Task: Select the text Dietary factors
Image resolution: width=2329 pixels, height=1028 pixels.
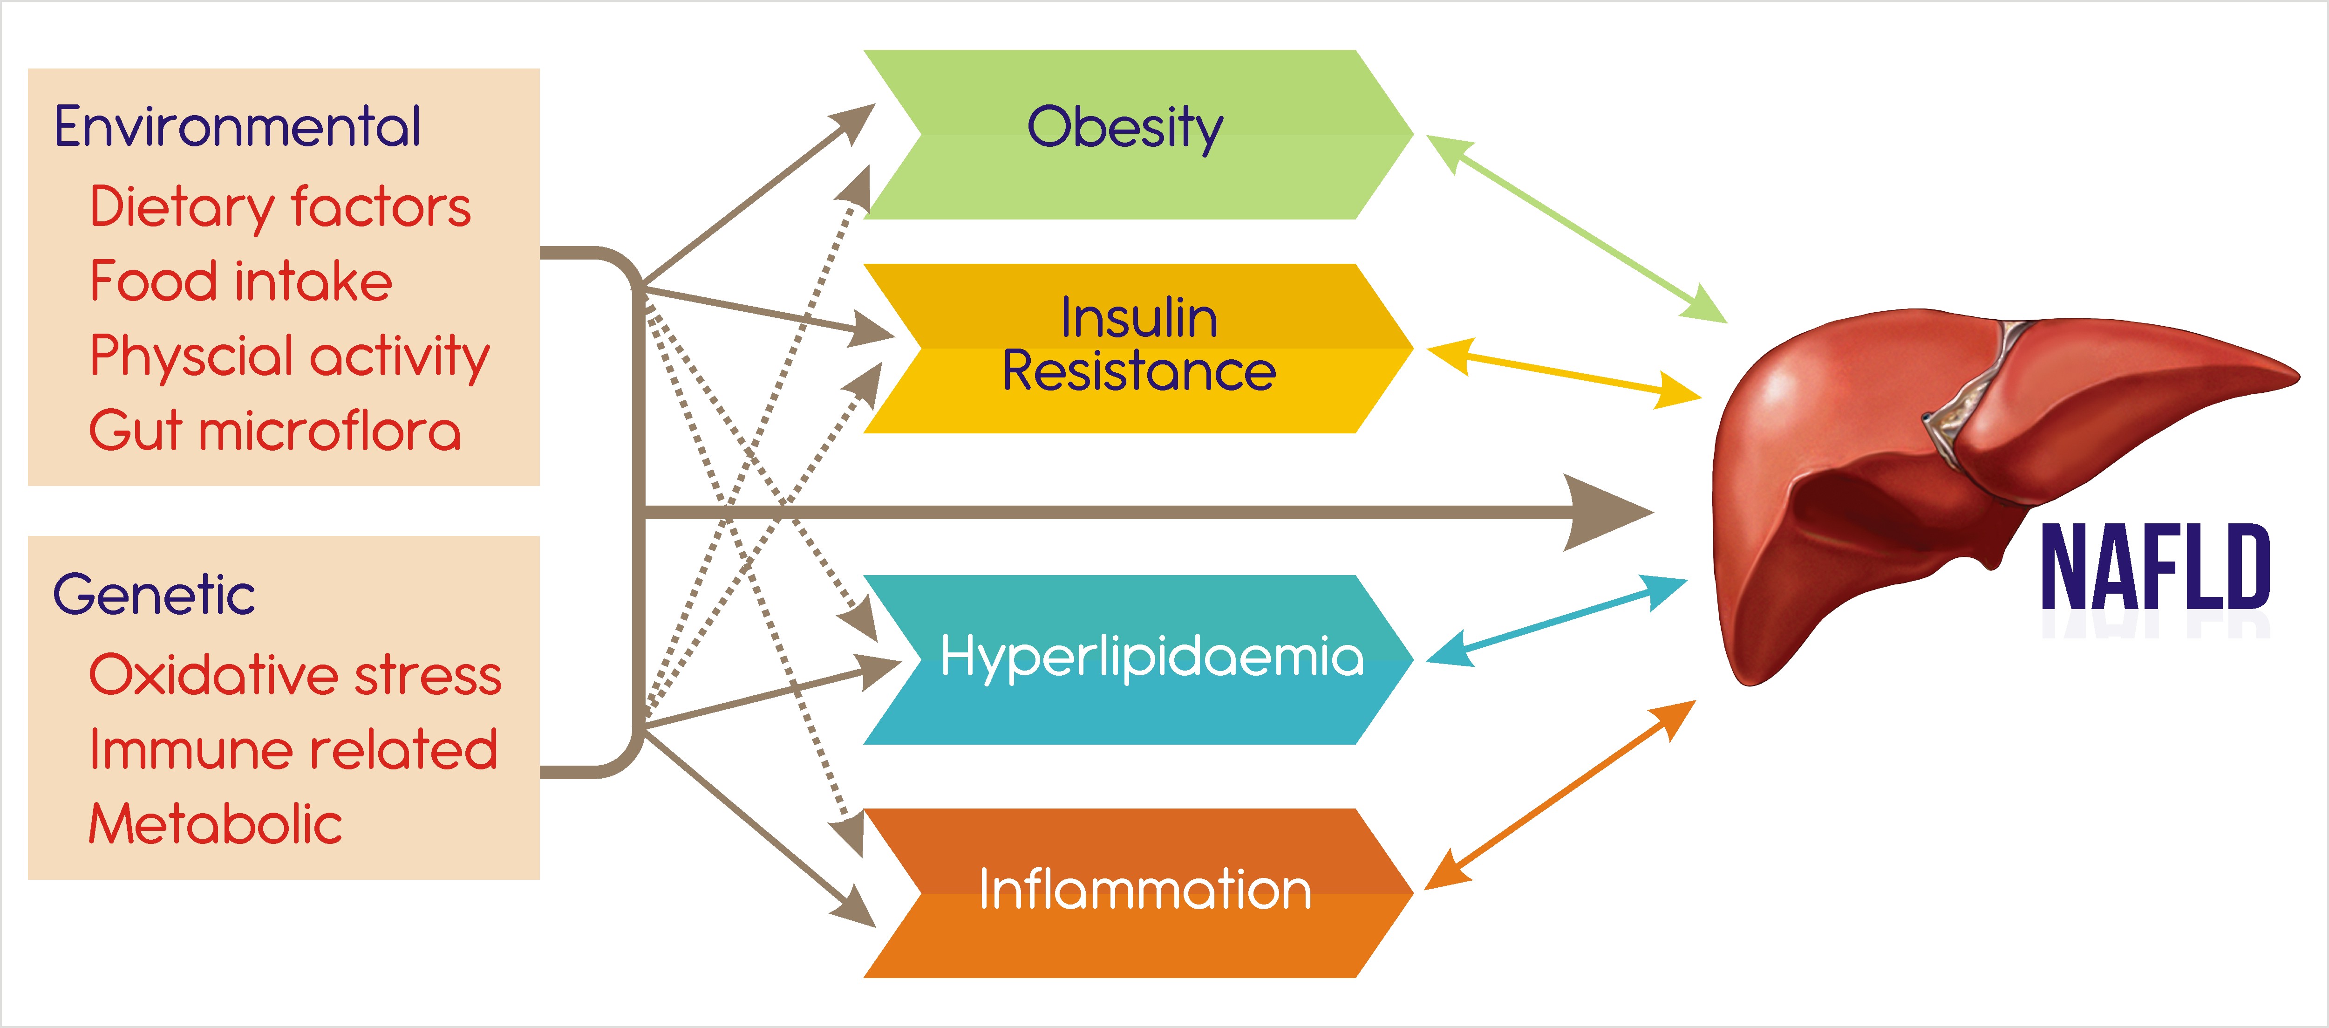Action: point(280,207)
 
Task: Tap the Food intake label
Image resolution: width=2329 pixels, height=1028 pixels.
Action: point(240,281)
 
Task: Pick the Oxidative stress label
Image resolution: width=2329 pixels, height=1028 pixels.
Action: point(295,675)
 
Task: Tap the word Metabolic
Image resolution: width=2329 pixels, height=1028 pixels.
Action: point(215,824)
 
